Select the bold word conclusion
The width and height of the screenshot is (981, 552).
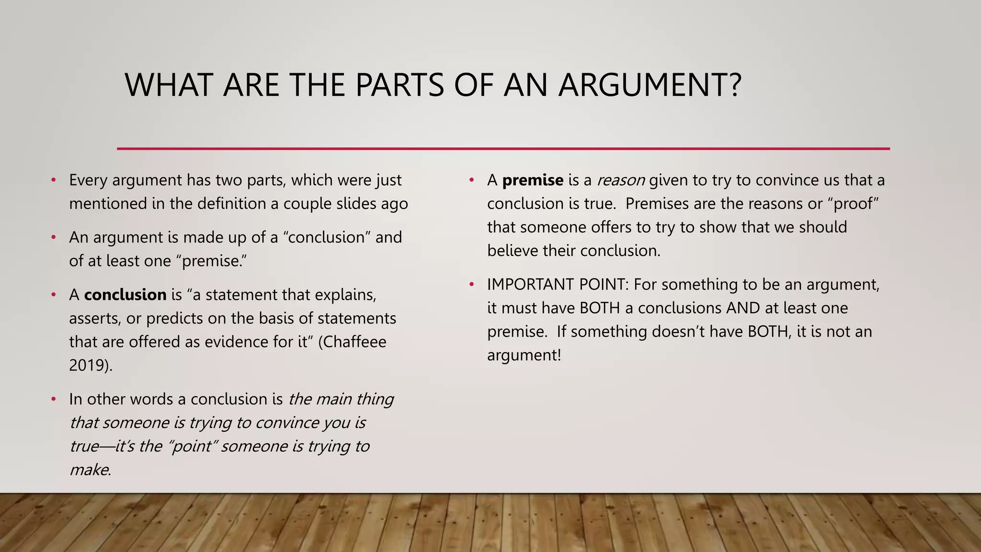coord(125,294)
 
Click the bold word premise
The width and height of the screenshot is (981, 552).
coord(533,180)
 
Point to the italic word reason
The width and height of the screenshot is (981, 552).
coord(621,180)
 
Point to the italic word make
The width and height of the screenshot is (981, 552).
coord(89,470)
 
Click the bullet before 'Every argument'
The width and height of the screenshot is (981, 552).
coord(54,180)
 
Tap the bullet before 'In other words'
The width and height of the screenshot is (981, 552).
coord(54,399)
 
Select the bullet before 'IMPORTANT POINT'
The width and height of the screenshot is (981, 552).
coord(472,285)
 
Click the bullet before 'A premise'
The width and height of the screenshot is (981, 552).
coord(472,180)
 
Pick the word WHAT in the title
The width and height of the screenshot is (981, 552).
coord(168,85)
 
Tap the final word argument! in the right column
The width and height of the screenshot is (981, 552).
coord(524,355)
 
